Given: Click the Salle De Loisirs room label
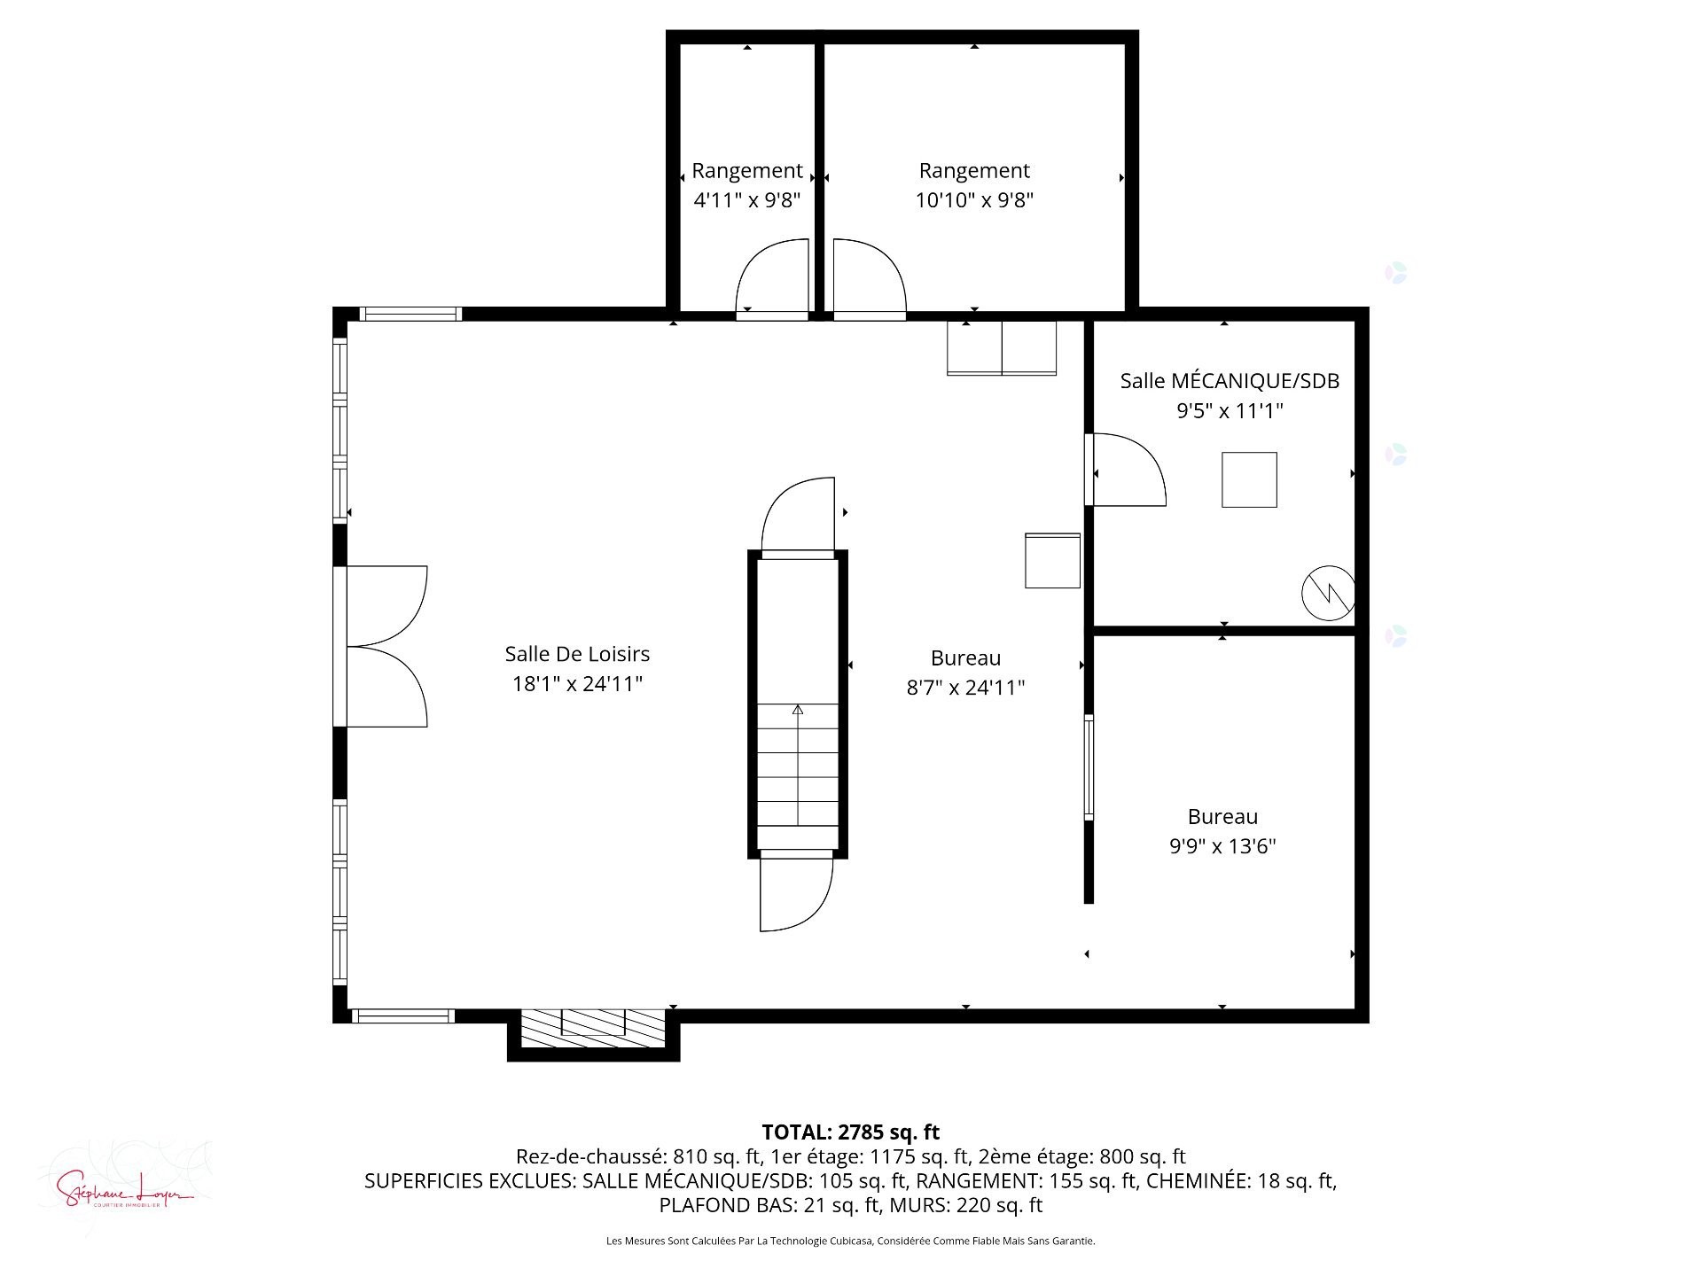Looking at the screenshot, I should (577, 654).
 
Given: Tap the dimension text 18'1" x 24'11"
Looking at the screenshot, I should (577, 684).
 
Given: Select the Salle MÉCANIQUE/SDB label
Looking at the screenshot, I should (1230, 381).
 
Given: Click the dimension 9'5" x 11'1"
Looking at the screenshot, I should (1230, 411).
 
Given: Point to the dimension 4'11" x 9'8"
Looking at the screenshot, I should (746, 200).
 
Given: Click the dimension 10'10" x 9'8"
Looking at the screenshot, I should (974, 200).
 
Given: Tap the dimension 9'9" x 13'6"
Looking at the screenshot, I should (1222, 846).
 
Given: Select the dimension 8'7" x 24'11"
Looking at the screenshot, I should (965, 688).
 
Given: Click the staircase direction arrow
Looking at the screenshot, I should (798, 710).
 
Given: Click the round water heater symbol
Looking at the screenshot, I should (1328, 593).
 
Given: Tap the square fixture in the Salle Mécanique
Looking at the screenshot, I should (1249, 479).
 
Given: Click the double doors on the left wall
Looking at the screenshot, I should (386, 646).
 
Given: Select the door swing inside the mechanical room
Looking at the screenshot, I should (1126, 470).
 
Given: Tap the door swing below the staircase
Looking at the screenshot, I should (795, 893).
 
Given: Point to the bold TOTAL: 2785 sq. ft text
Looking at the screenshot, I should (850, 1132).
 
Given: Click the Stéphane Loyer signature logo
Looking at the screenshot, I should (124, 1187).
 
